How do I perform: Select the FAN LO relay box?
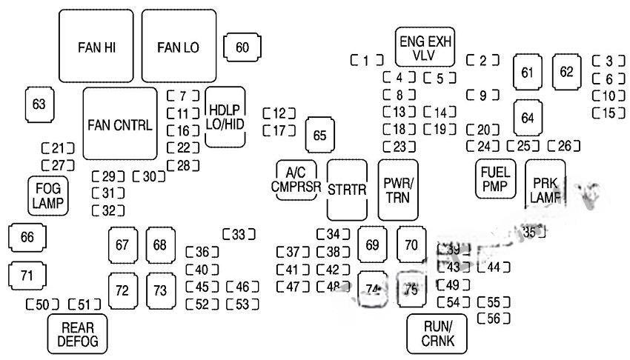pyautogui.click(x=179, y=47)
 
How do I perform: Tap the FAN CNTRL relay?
pyautogui.click(x=119, y=124)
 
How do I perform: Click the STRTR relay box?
pyautogui.click(x=348, y=190)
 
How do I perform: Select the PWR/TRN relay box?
pyautogui.click(x=398, y=190)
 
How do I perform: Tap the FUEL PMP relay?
pyautogui.click(x=496, y=179)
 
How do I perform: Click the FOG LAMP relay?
pyautogui.click(x=48, y=196)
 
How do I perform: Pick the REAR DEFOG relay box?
pyautogui.click(x=77, y=334)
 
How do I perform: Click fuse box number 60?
pyautogui.click(x=242, y=47)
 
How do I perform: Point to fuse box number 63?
pyautogui.click(x=39, y=104)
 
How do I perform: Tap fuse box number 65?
pyautogui.click(x=319, y=135)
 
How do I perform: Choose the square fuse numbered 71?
pyautogui.click(x=27, y=276)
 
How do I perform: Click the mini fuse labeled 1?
pyautogui.click(x=367, y=61)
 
